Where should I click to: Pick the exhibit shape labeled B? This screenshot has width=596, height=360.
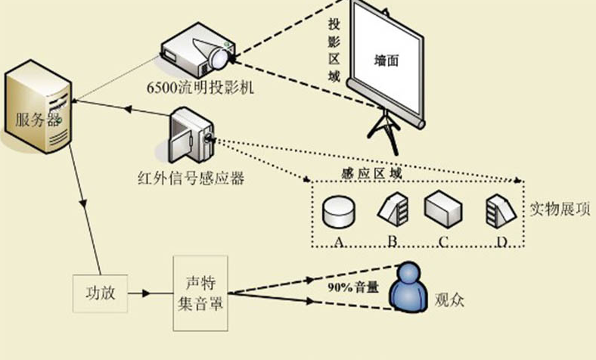pyautogui.click(x=393, y=208)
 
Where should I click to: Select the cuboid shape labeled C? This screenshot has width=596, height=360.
pyautogui.click(x=442, y=207)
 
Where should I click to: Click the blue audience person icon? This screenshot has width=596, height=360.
pyautogui.click(x=408, y=287)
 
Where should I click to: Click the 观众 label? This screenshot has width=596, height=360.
pyautogui.click(x=449, y=301)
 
